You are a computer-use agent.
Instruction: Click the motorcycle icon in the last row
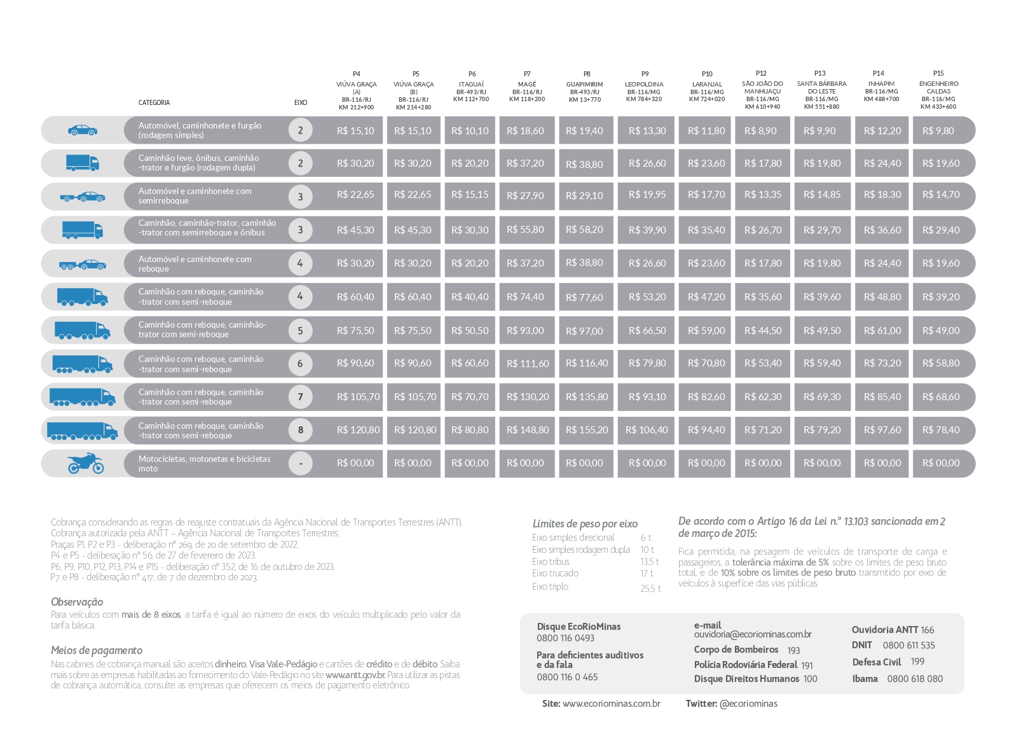click(85, 463)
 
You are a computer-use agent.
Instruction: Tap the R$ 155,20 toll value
click(587, 430)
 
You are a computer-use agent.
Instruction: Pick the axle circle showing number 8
click(301, 430)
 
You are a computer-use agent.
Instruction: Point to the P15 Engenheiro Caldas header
click(938, 90)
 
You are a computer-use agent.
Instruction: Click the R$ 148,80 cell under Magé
click(528, 430)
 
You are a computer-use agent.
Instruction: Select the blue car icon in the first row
click(83, 130)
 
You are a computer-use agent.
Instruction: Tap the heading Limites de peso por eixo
click(585, 524)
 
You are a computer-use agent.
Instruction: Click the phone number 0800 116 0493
click(565, 638)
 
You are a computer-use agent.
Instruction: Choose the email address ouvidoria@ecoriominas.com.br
click(753, 634)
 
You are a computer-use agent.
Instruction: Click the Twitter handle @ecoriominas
click(748, 704)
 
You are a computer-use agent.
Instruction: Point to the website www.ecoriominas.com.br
click(611, 704)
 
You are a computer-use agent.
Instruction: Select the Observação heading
click(77, 602)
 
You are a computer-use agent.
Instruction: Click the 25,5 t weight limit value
click(650, 588)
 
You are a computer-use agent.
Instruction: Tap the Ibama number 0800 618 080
click(915, 679)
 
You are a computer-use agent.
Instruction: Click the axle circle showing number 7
click(301, 397)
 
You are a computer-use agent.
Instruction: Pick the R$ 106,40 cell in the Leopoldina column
click(647, 430)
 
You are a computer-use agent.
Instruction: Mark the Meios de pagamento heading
click(97, 650)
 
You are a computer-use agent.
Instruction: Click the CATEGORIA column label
click(154, 102)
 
